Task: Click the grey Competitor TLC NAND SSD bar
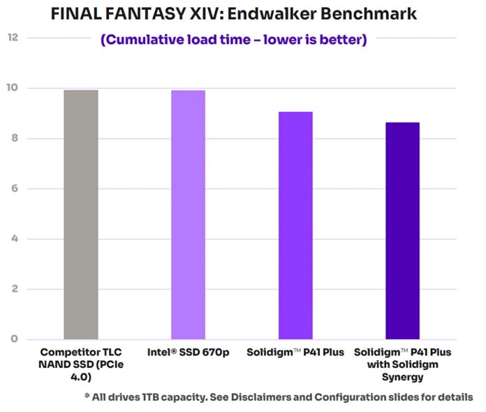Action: point(81,214)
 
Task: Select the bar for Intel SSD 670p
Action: point(189,214)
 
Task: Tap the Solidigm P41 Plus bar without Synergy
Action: point(295,225)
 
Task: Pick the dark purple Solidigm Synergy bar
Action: point(403,231)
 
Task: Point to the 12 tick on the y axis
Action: point(12,37)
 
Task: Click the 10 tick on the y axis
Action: point(12,88)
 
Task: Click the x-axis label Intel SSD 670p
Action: point(188,352)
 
